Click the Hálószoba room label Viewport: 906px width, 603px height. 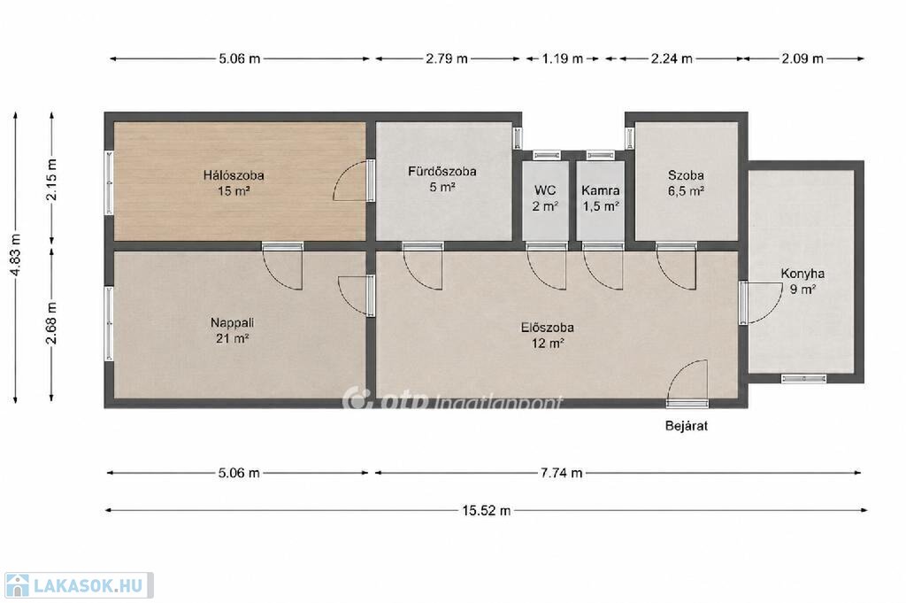click(234, 182)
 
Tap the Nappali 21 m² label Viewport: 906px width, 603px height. click(233, 330)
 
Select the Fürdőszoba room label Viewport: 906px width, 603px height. click(442, 179)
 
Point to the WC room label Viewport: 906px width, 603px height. click(545, 197)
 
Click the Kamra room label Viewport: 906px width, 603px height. click(601, 197)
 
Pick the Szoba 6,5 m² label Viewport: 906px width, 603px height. click(686, 182)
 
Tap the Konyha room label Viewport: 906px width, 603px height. click(802, 281)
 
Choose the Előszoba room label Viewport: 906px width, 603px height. click(548, 335)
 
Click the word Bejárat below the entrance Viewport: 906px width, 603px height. click(687, 426)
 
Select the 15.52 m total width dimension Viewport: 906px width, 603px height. click(486, 511)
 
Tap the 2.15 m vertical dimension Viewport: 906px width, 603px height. click(51, 179)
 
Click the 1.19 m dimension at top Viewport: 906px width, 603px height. click(562, 58)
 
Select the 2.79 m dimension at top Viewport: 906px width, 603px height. click(447, 58)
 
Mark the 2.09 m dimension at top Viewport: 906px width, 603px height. click(802, 58)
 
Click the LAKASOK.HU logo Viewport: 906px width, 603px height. click(79, 585)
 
